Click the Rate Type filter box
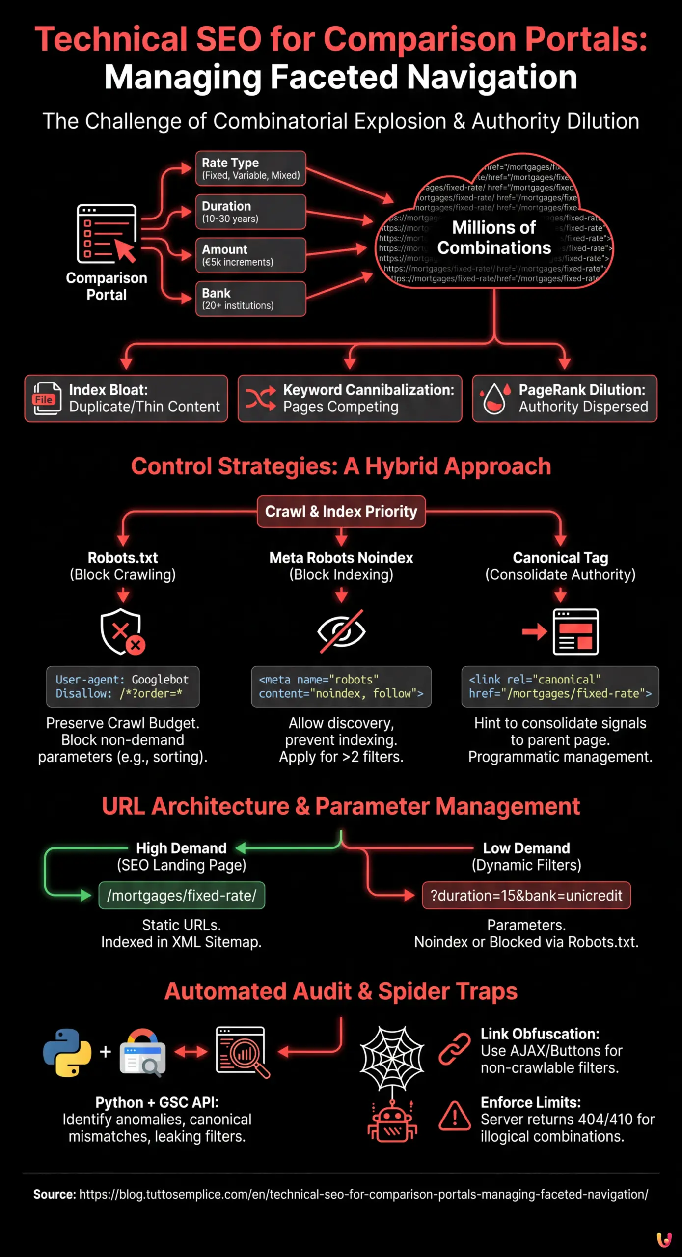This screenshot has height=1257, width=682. (250, 168)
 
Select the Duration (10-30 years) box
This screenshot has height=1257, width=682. (250, 212)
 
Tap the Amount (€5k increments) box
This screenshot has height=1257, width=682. (250, 255)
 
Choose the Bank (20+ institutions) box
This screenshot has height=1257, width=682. (250, 299)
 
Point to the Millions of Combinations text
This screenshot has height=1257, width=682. (494, 238)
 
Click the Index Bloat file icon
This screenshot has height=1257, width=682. (47, 398)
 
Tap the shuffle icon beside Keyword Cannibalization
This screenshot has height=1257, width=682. (261, 398)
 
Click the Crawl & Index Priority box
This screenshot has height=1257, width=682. (341, 512)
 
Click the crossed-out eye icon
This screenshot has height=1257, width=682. (341, 631)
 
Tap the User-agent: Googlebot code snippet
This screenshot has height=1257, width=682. (123, 686)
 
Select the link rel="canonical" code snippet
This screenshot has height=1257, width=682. (560, 686)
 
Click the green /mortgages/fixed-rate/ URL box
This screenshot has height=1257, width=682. (182, 896)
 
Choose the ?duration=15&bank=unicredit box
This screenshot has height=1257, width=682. (526, 896)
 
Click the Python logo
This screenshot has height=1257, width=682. (67, 1052)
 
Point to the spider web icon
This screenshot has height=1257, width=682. (392, 1057)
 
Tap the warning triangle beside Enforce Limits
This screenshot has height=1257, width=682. (455, 1116)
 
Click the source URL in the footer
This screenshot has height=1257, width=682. (363, 1194)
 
